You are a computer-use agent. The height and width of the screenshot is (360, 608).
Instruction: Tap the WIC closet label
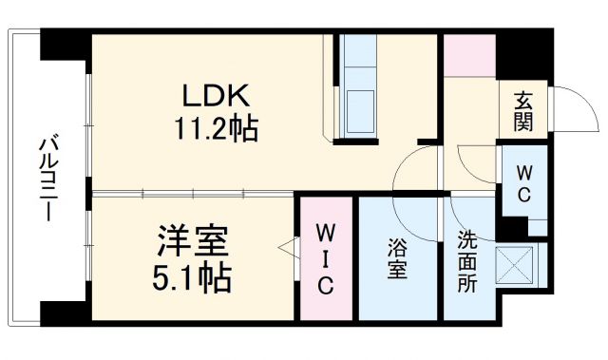(x=325, y=258)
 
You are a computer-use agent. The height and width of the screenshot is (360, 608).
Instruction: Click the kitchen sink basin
(x=361, y=102)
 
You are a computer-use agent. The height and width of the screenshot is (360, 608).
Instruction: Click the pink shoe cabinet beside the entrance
(x=469, y=57)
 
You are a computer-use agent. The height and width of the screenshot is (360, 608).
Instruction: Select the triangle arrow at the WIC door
(x=285, y=249)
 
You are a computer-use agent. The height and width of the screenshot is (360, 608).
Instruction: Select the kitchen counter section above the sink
(x=361, y=57)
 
